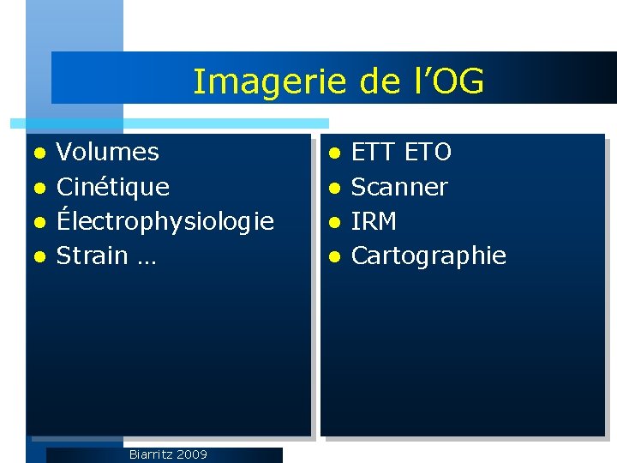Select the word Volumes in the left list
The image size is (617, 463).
(107, 153)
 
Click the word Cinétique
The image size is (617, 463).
(112, 187)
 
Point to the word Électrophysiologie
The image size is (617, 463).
(165, 221)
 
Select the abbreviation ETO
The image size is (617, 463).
(428, 153)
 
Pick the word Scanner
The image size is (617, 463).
(399, 187)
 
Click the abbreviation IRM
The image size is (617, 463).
(374, 221)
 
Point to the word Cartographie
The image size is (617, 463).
(428, 256)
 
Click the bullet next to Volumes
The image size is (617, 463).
(39, 153)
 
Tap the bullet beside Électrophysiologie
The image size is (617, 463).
(39, 222)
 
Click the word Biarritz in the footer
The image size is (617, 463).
(149, 454)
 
